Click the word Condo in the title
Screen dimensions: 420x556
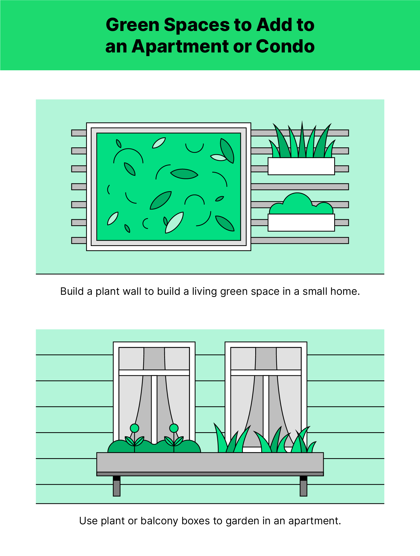(285, 46)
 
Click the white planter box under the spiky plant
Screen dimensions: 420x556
(301, 166)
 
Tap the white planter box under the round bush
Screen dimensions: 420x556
(301, 222)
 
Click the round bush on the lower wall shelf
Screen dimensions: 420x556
(301, 204)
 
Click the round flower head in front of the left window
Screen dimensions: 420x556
(135, 428)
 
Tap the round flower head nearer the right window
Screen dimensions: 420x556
(174, 428)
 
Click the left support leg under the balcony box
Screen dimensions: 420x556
(117, 486)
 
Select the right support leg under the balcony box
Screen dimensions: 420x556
(304, 486)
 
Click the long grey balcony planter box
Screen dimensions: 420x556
(210, 464)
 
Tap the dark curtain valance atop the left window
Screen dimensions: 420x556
(154, 359)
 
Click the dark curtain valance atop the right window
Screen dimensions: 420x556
(266, 359)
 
